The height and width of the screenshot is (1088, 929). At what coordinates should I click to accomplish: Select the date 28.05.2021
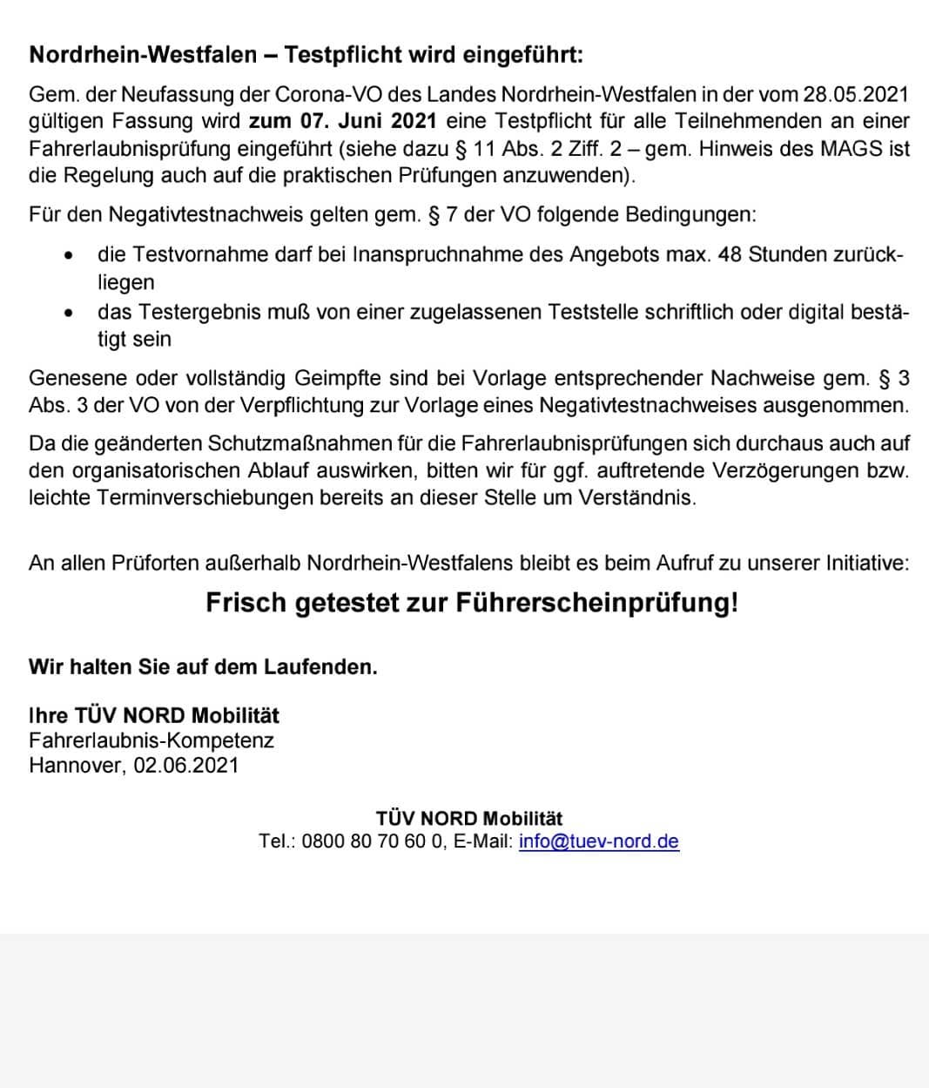tap(856, 93)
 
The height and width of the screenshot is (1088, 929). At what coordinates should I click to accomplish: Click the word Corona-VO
tap(329, 93)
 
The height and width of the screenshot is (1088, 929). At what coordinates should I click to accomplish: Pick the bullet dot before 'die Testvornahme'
tap(68, 255)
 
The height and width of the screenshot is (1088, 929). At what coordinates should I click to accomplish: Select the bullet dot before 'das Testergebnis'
tap(68, 312)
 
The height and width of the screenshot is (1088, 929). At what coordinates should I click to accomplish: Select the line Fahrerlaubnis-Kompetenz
tap(151, 740)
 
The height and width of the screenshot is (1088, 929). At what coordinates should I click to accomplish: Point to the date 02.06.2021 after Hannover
tap(185, 766)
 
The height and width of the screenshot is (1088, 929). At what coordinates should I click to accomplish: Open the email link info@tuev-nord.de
tap(598, 841)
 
